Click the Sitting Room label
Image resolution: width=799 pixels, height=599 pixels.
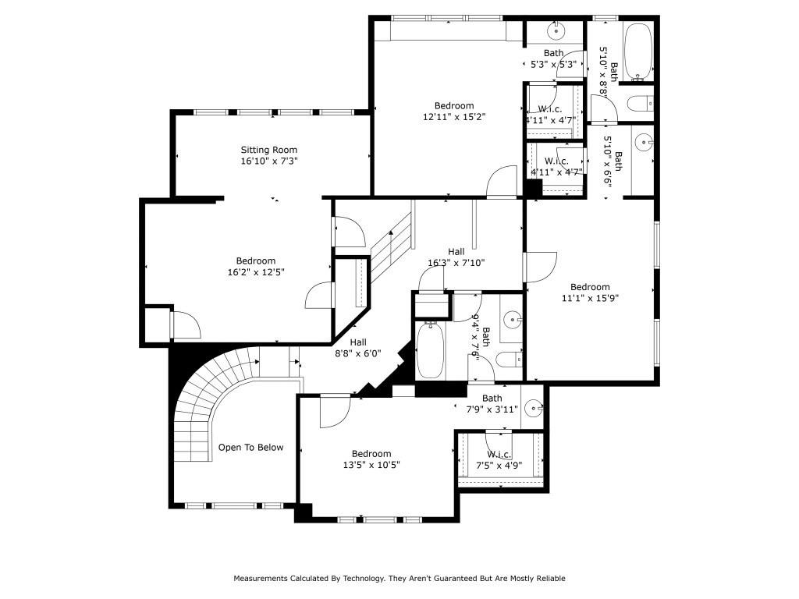click(268, 150)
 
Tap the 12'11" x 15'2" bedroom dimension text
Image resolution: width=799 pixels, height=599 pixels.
click(454, 117)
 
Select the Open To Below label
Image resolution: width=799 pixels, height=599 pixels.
click(250, 448)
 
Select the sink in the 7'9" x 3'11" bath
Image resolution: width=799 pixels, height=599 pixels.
click(534, 407)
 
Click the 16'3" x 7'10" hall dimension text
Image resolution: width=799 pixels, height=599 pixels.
click(456, 263)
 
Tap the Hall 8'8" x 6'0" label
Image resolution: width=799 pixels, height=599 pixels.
click(358, 347)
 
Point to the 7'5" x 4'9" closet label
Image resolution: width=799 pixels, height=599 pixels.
click(499, 460)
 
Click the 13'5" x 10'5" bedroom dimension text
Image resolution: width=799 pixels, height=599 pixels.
click(371, 465)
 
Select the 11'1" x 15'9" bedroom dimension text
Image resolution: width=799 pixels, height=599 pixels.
click(590, 297)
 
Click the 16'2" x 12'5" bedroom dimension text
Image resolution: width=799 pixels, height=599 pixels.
click(256, 272)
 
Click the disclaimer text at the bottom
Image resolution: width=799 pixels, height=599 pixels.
click(399, 579)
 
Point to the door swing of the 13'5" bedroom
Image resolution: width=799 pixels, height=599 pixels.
click(334, 409)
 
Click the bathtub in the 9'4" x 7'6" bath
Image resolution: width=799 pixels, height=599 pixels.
click(430, 351)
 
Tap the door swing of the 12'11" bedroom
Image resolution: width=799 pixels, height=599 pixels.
click(501, 181)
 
